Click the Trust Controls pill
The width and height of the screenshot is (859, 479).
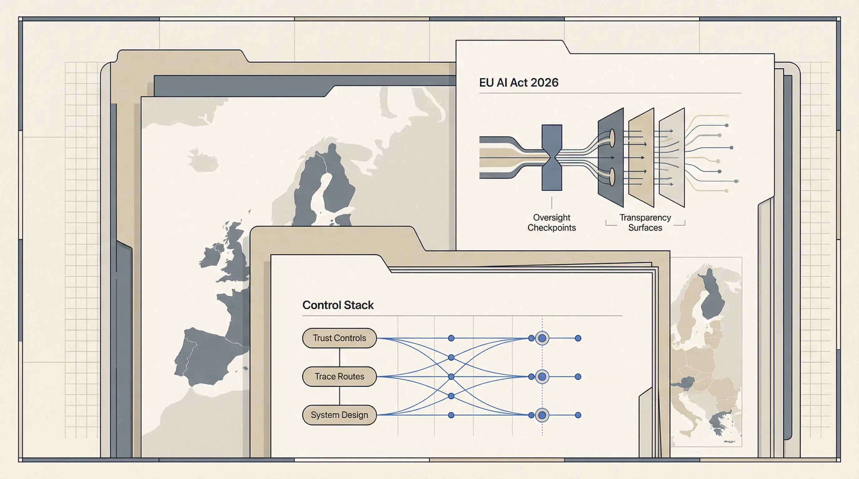339,338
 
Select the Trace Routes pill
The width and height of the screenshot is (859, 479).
339,376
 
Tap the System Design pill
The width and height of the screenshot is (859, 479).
339,415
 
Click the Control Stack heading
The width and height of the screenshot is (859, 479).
338,305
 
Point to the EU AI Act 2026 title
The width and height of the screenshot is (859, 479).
518,83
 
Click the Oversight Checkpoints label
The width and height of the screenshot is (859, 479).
552,223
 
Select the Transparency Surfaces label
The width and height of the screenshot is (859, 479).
645,223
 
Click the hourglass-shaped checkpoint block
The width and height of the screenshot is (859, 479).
552,157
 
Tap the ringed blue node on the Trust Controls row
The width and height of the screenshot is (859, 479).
542,338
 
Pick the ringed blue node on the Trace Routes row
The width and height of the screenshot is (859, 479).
542,377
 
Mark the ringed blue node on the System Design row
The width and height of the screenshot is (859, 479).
542,415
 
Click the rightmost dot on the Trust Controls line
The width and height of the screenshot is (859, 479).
578,338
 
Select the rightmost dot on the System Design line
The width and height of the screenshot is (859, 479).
578,415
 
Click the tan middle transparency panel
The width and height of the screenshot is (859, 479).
641,157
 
